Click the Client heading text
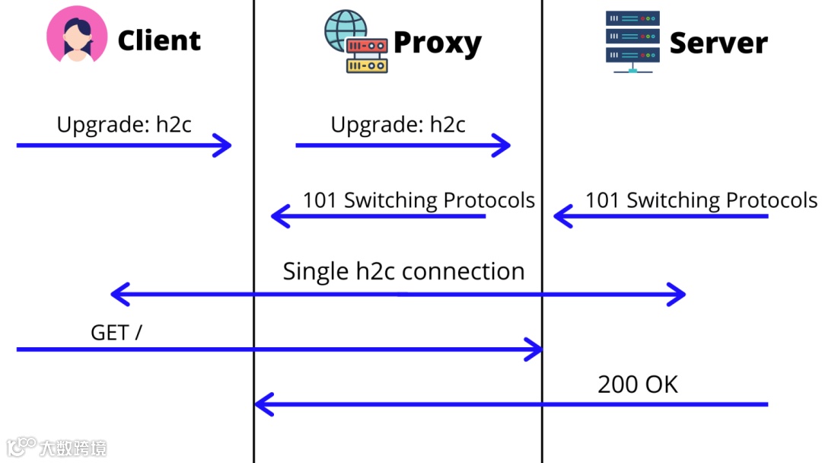pos(159,40)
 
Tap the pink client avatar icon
pos(77,34)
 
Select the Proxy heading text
pos(437,43)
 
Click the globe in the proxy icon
pos(343,30)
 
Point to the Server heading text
pos(718,43)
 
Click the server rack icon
pos(632,40)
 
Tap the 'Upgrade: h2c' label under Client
pos(124,124)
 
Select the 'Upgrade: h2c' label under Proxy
pos(398,124)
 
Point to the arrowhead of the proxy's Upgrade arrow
pos(502,145)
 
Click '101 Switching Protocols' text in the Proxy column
pos(419,200)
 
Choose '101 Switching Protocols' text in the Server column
pos(701,200)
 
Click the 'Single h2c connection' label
pos(403,271)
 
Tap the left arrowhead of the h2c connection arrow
pos(118,294)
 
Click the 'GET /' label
pos(116,332)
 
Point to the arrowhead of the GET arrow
pos(534,350)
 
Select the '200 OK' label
pos(638,384)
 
